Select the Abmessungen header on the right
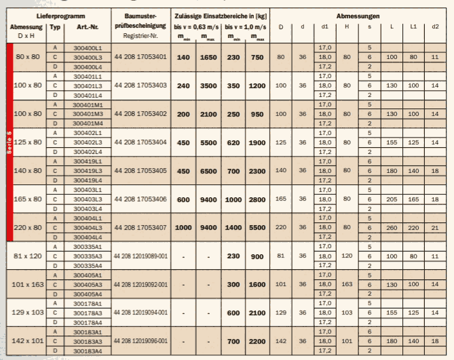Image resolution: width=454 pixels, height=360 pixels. click(x=358, y=14)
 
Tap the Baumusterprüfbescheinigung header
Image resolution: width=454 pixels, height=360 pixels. click(x=141, y=20)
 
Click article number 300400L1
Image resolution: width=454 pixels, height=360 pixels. click(x=88, y=48)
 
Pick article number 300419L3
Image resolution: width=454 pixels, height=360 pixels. click(x=88, y=172)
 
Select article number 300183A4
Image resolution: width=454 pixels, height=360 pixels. click(x=88, y=351)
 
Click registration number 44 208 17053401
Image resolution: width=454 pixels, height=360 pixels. click(x=140, y=58)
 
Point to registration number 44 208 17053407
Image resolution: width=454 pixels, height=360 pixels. click(x=140, y=228)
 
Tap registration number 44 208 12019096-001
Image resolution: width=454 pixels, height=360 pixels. click(x=140, y=341)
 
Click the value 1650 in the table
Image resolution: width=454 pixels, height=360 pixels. click(x=208, y=58)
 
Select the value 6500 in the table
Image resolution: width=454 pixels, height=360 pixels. click(x=208, y=172)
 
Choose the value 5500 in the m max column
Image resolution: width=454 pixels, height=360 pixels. click(x=256, y=228)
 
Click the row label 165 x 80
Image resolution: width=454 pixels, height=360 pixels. click(x=29, y=200)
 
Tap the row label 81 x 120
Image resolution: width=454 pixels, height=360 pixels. click(x=29, y=257)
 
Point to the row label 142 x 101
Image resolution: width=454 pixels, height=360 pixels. click(x=29, y=341)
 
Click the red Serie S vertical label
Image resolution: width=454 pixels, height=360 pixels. click(x=10, y=143)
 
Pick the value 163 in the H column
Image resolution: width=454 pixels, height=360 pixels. click(x=347, y=285)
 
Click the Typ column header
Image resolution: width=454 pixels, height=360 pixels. click(x=56, y=27)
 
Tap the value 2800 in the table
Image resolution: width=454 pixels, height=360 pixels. click(x=256, y=200)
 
